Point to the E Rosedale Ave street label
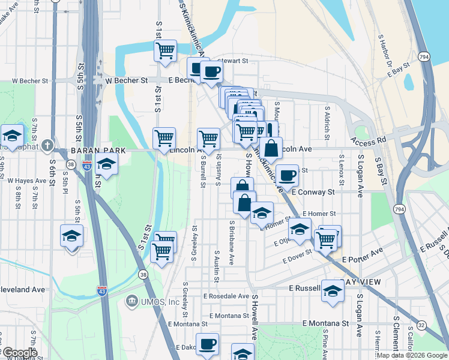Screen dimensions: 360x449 point(226,296)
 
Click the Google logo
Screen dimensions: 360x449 point(19,353)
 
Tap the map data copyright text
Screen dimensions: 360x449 point(412,355)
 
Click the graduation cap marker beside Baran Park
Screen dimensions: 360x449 point(106,164)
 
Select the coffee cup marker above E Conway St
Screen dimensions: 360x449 point(288,175)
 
